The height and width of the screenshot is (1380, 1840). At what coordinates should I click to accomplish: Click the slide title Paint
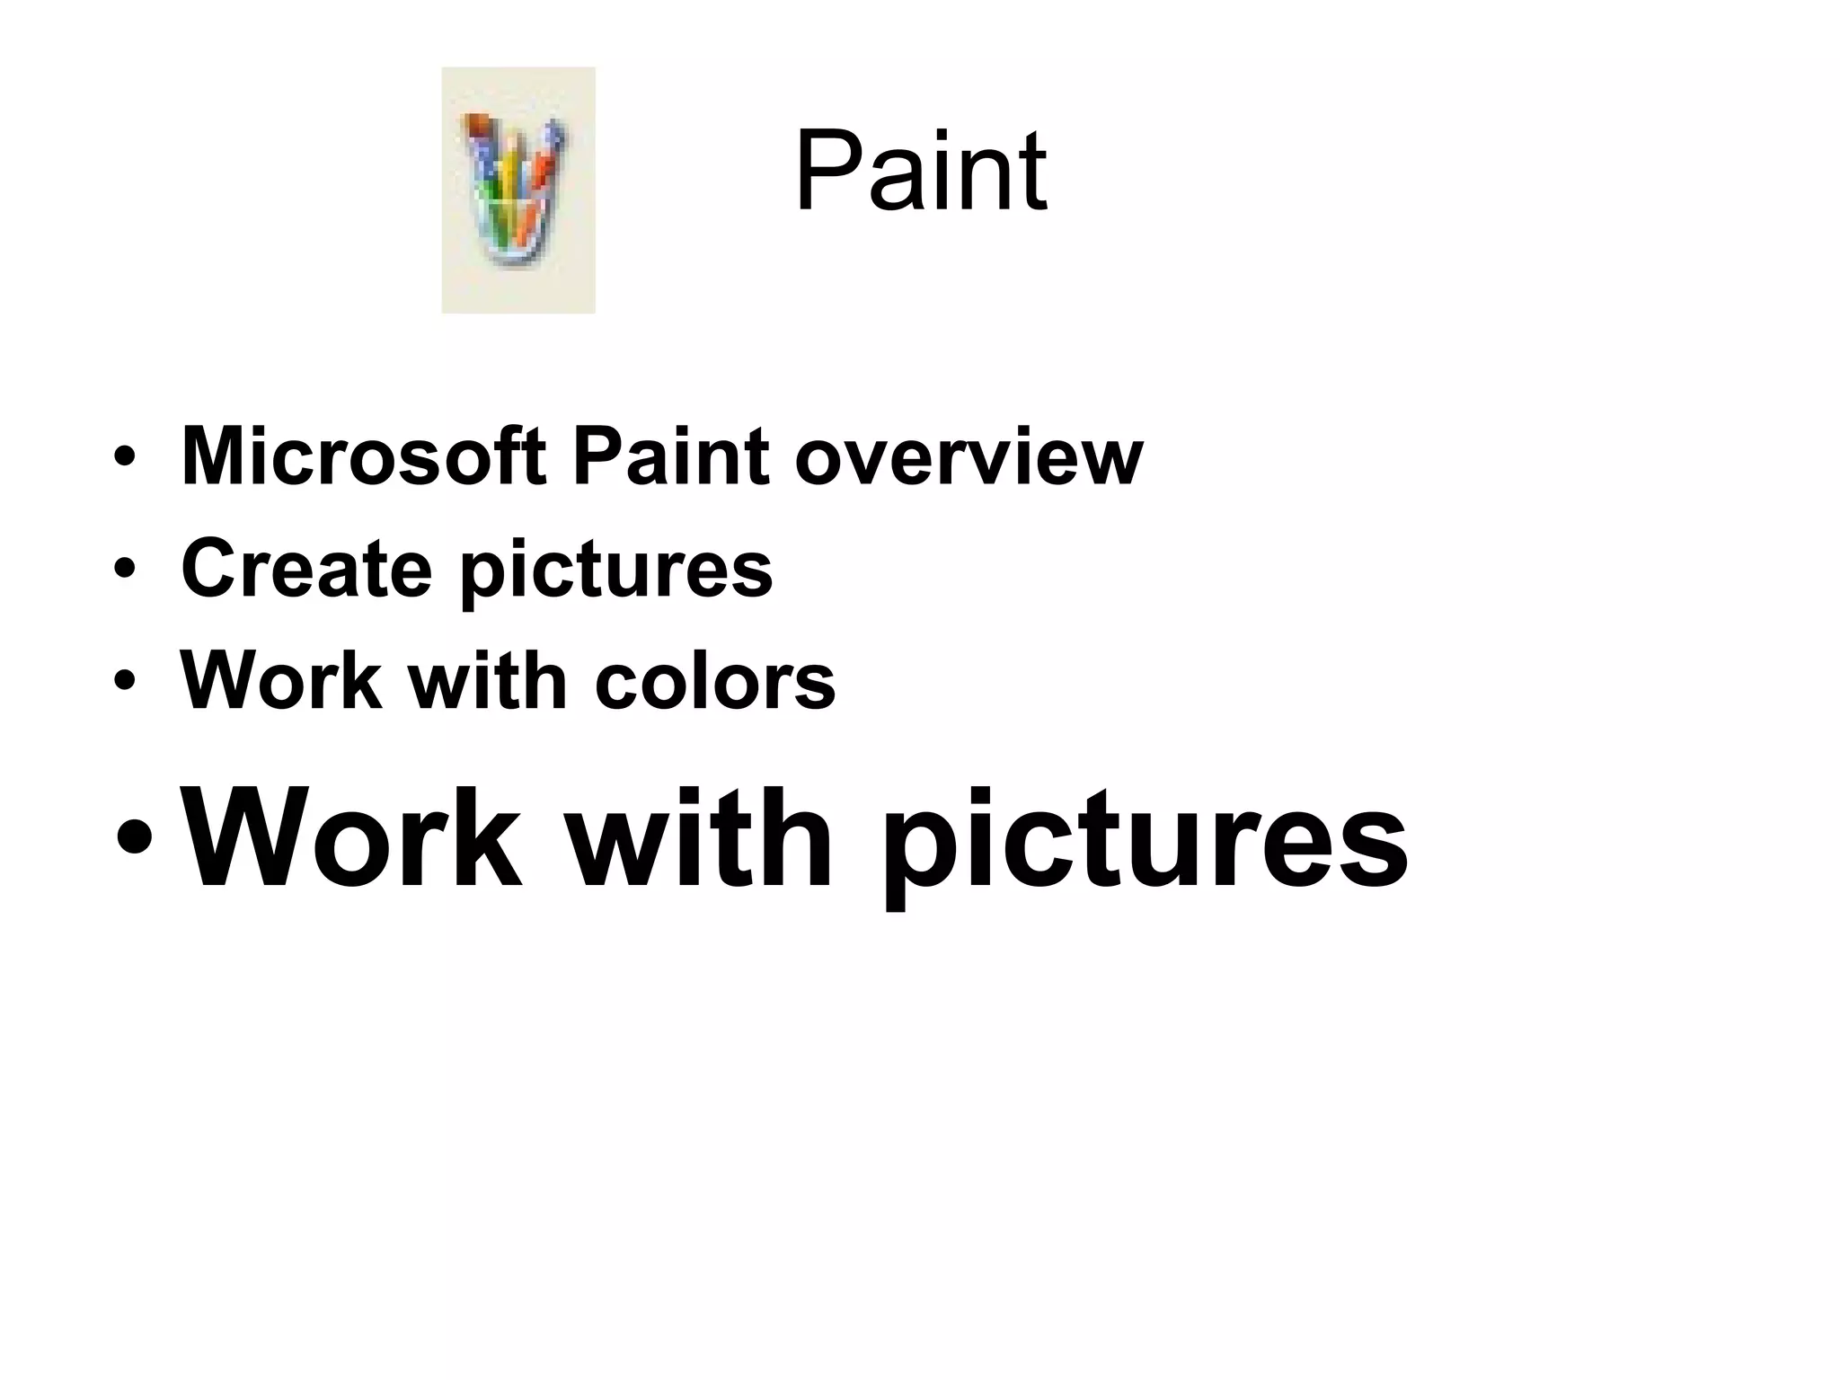(x=920, y=171)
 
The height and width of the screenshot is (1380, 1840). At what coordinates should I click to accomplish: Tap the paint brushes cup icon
(x=517, y=190)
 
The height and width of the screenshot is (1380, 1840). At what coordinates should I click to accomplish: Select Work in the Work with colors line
(x=280, y=680)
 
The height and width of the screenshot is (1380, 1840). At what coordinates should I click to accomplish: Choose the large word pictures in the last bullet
(x=1144, y=845)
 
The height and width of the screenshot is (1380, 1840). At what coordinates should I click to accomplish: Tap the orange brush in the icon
(x=542, y=171)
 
